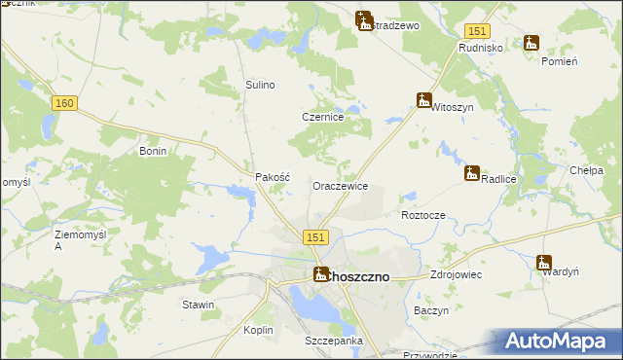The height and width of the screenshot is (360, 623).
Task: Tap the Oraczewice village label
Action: click(x=340, y=185)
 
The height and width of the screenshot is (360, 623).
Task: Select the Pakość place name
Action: click(x=273, y=178)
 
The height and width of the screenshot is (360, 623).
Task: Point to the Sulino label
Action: click(x=261, y=86)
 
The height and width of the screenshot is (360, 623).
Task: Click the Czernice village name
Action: click(x=322, y=117)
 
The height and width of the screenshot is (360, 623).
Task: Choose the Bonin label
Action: click(x=154, y=152)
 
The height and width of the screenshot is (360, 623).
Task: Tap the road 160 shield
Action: click(x=65, y=103)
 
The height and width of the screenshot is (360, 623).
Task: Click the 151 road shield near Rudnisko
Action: click(x=476, y=32)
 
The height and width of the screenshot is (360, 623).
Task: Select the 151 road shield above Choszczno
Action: click(x=314, y=238)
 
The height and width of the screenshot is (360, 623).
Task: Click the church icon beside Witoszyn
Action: click(x=423, y=99)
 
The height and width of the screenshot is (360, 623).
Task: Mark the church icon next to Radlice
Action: click(x=472, y=173)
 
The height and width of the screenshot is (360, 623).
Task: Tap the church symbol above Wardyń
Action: click(x=543, y=262)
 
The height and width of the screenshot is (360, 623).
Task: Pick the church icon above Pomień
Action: click(x=531, y=43)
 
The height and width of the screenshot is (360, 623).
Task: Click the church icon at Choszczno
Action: click(x=320, y=275)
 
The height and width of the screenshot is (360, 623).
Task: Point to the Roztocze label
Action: click(x=422, y=215)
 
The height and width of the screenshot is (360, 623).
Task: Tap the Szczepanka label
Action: click(x=333, y=341)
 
